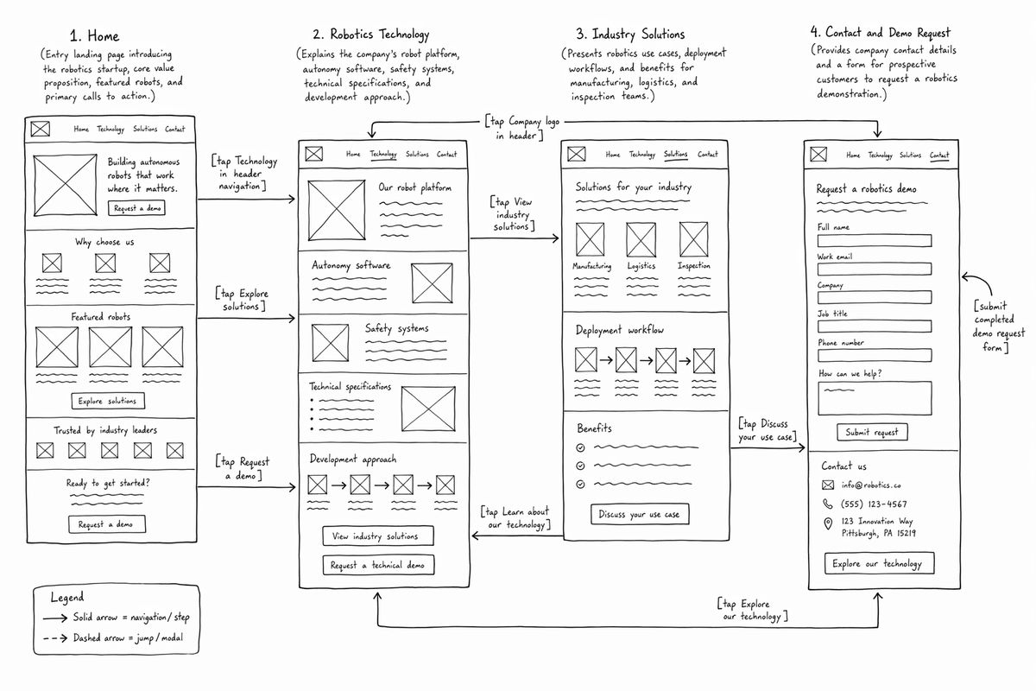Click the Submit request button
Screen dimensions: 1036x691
(872, 432)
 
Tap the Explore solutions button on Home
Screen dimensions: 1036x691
(108, 401)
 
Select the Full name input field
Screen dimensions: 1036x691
(874, 241)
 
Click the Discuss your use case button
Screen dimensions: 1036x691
(640, 514)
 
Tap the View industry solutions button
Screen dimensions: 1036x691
(378, 536)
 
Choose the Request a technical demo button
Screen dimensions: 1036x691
(378, 565)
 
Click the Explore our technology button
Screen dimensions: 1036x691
(879, 563)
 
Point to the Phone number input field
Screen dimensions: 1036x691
(874, 356)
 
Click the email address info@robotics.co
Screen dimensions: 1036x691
(871, 485)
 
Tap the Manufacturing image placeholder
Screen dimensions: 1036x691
(590, 239)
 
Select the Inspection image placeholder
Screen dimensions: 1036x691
(693, 239)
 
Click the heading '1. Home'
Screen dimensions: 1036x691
(94, 35)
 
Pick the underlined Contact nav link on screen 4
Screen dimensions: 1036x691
(939, 155)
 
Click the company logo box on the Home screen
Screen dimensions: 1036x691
(41, 129)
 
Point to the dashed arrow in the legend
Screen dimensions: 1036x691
(55, 638)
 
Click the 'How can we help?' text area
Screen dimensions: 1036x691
(875, 398)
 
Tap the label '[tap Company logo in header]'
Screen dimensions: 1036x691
(522, 128)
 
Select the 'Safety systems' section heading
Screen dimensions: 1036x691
(396, 328)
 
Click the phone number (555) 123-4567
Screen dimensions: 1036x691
(874, 504)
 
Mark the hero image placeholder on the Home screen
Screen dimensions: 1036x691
(66, 185)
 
